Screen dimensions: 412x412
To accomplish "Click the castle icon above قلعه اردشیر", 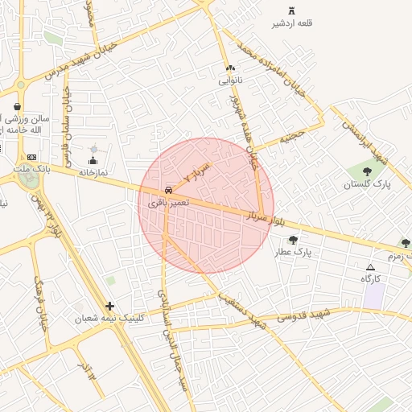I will pos(291,11).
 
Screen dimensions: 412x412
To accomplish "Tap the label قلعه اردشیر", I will pos(292,23).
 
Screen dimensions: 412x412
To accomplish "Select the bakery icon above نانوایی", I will pos(230,68).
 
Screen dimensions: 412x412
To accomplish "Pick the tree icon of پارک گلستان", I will pos(367,171).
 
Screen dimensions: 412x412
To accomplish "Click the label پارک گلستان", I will pos(367,184).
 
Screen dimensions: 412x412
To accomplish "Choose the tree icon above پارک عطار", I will pos(293,240).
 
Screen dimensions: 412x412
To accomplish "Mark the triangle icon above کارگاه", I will pos(370,267).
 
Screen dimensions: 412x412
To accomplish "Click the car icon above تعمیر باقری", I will pos(168,190).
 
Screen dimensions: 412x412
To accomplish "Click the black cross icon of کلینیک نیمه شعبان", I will pos(109,306).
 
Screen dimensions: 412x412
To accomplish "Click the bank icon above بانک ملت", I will pos(31,157).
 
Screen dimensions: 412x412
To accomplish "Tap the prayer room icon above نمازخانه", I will pos(93,161).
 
